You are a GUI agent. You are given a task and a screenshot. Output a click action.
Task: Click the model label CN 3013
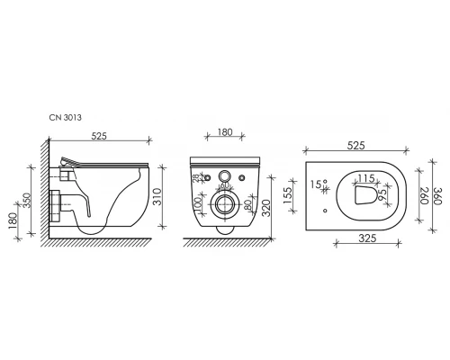click(65, 117)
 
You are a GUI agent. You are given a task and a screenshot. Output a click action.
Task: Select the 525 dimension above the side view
click(99, 136)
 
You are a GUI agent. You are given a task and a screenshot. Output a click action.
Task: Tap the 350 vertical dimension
click(27, 201)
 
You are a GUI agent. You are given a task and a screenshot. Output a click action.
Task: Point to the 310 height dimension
click(157, 196)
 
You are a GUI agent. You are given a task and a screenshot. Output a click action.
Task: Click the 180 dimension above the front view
click(225, 132)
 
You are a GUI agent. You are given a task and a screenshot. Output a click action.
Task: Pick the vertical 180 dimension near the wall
click(13, 220)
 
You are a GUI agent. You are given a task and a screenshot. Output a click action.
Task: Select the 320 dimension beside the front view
click(265, 208)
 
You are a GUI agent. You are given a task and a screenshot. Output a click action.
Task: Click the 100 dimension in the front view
click(198, 205)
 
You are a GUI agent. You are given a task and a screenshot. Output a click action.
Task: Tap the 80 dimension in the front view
click(248, 205)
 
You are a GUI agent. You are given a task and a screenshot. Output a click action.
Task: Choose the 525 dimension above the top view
click(356, 145)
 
